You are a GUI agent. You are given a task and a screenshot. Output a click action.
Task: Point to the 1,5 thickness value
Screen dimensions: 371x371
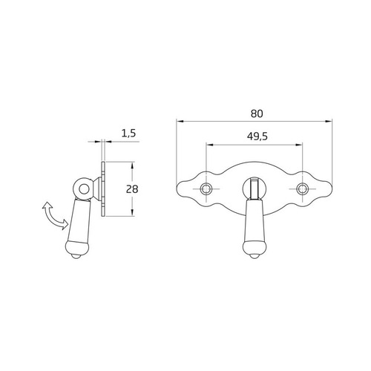pyautogui.click(x=128, y=134)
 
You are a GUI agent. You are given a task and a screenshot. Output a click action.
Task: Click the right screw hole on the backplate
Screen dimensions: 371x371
pyautogui.click(x=302, y=189)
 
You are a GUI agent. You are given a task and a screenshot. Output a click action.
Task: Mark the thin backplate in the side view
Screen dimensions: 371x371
pyautogui.click(x=103, y=189)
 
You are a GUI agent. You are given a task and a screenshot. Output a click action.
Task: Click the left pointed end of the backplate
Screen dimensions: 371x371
pyautogui.click(x=178, y=191)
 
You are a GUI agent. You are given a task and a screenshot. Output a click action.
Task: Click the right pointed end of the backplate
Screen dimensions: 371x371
pyautogui.click(x=332, y=191)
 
